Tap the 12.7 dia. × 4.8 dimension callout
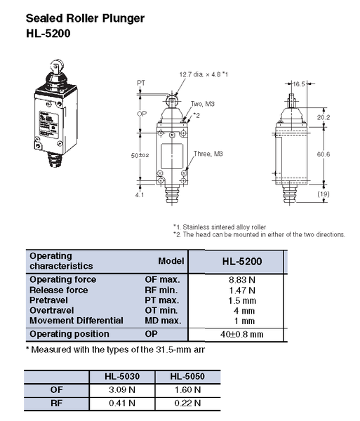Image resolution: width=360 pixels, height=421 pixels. (204, 74)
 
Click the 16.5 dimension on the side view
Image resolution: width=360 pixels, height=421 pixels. (300, 82)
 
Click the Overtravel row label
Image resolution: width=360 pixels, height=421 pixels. (53, 310)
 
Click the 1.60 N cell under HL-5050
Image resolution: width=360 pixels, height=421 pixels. (187, 389)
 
